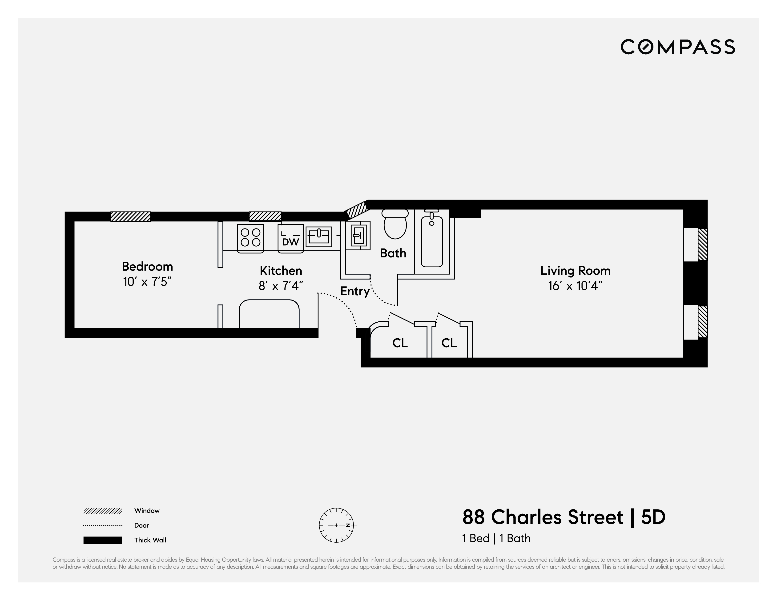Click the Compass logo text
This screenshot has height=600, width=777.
(677, 47)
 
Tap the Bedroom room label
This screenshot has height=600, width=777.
(147, 266)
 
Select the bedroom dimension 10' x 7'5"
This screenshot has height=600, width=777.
(147, 282)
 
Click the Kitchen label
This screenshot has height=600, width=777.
(281, 271)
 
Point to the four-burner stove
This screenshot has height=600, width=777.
(250, 238)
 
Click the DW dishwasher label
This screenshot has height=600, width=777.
(290, 242)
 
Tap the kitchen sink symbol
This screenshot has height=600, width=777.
(319, 236)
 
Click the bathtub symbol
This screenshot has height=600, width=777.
(431, 241)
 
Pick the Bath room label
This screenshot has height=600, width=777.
(393, 253)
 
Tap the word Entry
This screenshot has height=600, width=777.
(355, 291)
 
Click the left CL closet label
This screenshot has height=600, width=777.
(400, 343)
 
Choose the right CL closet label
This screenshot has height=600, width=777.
(449, 343)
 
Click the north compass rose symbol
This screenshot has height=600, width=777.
(336, 525)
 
